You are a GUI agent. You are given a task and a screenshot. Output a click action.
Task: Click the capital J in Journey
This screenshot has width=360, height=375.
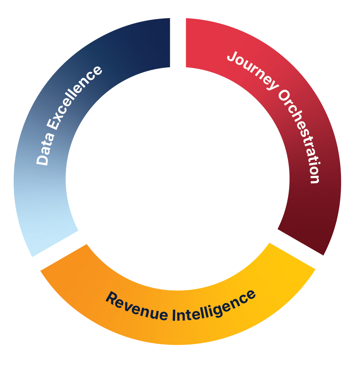233,57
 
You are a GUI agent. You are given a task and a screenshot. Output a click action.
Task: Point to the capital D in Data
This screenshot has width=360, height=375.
43,160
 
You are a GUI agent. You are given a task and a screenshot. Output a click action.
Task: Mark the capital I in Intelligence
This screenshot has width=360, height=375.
174,315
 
